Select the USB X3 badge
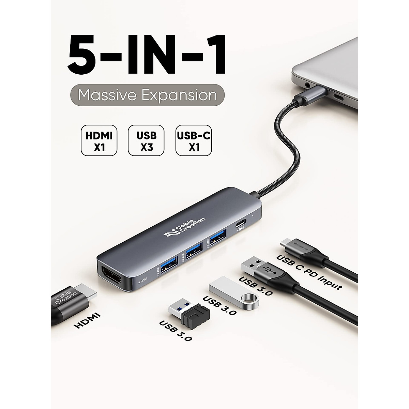coord(146,140)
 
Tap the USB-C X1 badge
coord(194,140)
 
